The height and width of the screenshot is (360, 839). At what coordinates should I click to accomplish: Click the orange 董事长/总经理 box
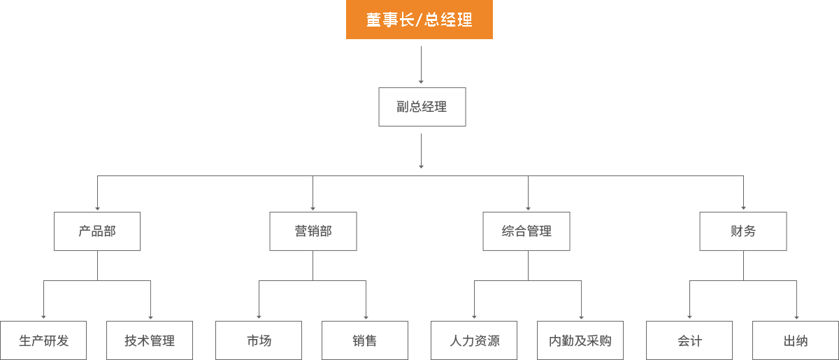tap(419, 20)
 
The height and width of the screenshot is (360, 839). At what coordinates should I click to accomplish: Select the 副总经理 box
tap(422, 107)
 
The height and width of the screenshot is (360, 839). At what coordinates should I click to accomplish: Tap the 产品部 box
tap(97, 231)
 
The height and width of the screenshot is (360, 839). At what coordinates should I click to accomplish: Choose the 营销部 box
tap(313, 231)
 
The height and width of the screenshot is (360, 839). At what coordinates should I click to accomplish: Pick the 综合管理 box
tap(526, 231)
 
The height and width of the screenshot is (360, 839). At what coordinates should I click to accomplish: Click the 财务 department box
tap(743, 231)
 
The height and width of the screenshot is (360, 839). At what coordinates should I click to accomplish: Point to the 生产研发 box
tap(43, 340)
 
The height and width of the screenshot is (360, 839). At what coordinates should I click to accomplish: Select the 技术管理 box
tap(150, 340)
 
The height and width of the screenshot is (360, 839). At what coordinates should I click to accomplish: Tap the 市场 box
tap(259, 340)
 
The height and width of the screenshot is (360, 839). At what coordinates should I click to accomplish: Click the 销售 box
tap(365, 340)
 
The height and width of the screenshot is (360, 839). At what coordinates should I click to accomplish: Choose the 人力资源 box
tap(474, 340)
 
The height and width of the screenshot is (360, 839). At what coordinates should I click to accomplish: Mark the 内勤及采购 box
tap(580, 340)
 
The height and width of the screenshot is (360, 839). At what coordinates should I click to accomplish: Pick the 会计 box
tap(689, 340)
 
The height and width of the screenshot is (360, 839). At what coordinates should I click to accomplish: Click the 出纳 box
tap(796, 340)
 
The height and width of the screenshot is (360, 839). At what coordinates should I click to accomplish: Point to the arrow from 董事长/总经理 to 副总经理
tap(421, 65)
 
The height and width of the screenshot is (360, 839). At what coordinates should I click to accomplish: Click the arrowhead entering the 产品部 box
tap(97, 208)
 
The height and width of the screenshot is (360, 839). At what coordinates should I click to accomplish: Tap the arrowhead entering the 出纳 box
tap(796, 317)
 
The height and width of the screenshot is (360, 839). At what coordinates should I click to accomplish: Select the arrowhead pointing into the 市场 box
tap(259, 317)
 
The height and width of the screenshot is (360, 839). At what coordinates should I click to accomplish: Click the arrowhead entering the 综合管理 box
tap(528, 208)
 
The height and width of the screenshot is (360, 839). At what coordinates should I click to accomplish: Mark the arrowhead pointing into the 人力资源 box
tap(474, 317)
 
